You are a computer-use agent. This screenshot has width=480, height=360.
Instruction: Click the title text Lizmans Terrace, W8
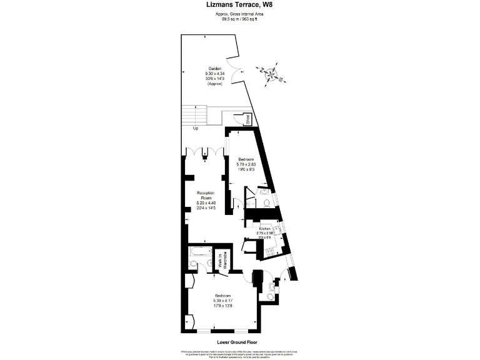coord(239,5)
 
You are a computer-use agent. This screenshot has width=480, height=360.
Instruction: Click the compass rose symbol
coord(271,75)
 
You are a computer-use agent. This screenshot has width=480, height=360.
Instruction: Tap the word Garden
coord(215,69)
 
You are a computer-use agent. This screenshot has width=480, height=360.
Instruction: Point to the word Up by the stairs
coord(196,129)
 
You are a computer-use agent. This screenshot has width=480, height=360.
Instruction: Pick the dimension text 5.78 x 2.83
coord(247,164)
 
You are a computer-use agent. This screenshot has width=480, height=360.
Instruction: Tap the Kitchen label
coord(264,229)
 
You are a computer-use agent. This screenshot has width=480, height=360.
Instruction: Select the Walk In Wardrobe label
coord(220,259)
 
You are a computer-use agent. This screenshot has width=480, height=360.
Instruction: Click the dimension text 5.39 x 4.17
coord(223,301)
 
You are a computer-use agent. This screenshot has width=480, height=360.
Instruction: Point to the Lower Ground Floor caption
coord(237,342)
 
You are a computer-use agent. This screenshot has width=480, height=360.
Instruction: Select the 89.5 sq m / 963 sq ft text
coord(240,18)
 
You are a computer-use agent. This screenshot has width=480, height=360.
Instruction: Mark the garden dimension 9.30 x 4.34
coord(215,74)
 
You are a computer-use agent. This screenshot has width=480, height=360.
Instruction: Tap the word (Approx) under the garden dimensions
coord(215,84)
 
